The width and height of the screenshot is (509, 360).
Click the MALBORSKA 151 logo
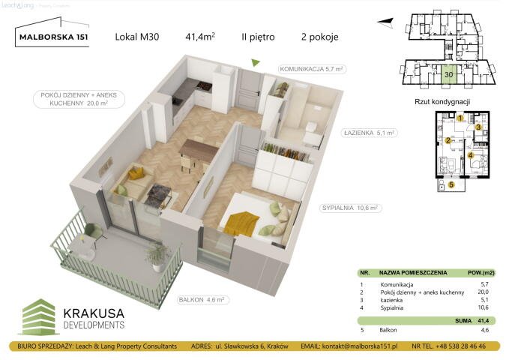[52, 36]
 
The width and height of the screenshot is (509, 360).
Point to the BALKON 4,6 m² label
[202, 299]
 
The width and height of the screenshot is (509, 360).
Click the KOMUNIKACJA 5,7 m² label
[312, 69]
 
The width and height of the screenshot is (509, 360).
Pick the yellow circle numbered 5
[451, 184]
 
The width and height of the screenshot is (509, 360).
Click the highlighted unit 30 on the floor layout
[448, 73]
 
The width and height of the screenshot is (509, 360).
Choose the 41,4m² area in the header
[202, 36]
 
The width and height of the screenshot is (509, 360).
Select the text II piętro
[257, 36]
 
